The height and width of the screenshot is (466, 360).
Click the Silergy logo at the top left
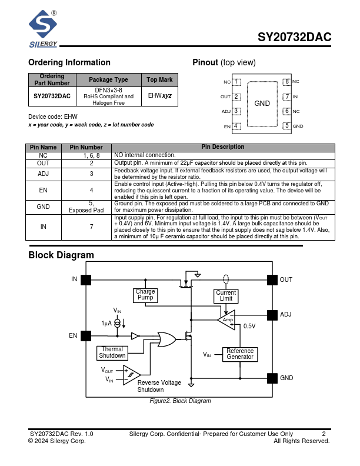point(44,29)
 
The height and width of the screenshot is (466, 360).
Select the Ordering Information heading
point(69,62)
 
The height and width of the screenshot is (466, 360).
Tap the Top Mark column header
point(159,79)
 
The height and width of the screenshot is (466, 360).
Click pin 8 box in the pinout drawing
point(286,82)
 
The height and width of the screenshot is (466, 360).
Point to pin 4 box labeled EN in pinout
point(236,126)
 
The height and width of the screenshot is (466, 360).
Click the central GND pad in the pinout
point(262,104)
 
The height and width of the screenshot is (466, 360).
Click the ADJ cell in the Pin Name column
point(44,174)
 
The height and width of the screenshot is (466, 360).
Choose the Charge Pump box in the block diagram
point(145,295)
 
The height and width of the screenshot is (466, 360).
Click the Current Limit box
point(226,295)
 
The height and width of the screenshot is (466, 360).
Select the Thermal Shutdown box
point(112,352)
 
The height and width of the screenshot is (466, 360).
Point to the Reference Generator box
point(240,354)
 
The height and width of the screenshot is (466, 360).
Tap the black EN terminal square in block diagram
point(86,336)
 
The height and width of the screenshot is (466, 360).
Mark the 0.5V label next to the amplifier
point(249,326)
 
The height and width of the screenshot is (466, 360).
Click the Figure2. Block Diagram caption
point(180,401)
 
